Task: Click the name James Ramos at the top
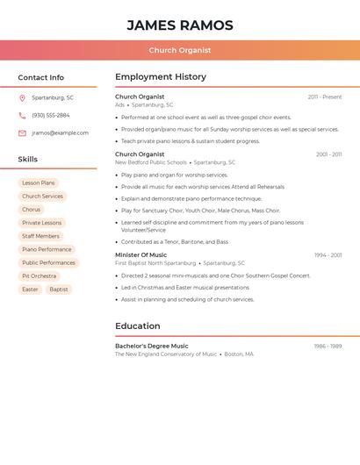point(180,25)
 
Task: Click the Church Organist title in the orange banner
point(180,50)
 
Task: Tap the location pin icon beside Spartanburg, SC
point(22,97)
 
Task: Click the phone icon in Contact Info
point(22,115)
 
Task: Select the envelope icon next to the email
point(22,133)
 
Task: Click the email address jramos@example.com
point(60,133)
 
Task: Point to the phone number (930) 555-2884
point(51,115)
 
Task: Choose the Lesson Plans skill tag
point(38,183)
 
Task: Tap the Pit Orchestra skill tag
point(39,276)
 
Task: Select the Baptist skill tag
point(59,290)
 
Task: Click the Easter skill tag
point(31,290)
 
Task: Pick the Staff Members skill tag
point(40,236)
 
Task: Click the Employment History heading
point(161,77)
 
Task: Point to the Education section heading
point(137,326)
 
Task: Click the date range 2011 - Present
point(325,97)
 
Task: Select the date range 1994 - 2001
point(328,255)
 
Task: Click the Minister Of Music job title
point(140,255)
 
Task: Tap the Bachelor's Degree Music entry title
point(151,347)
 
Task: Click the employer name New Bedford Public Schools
point(151,162)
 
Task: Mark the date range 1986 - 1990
point(328,347)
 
